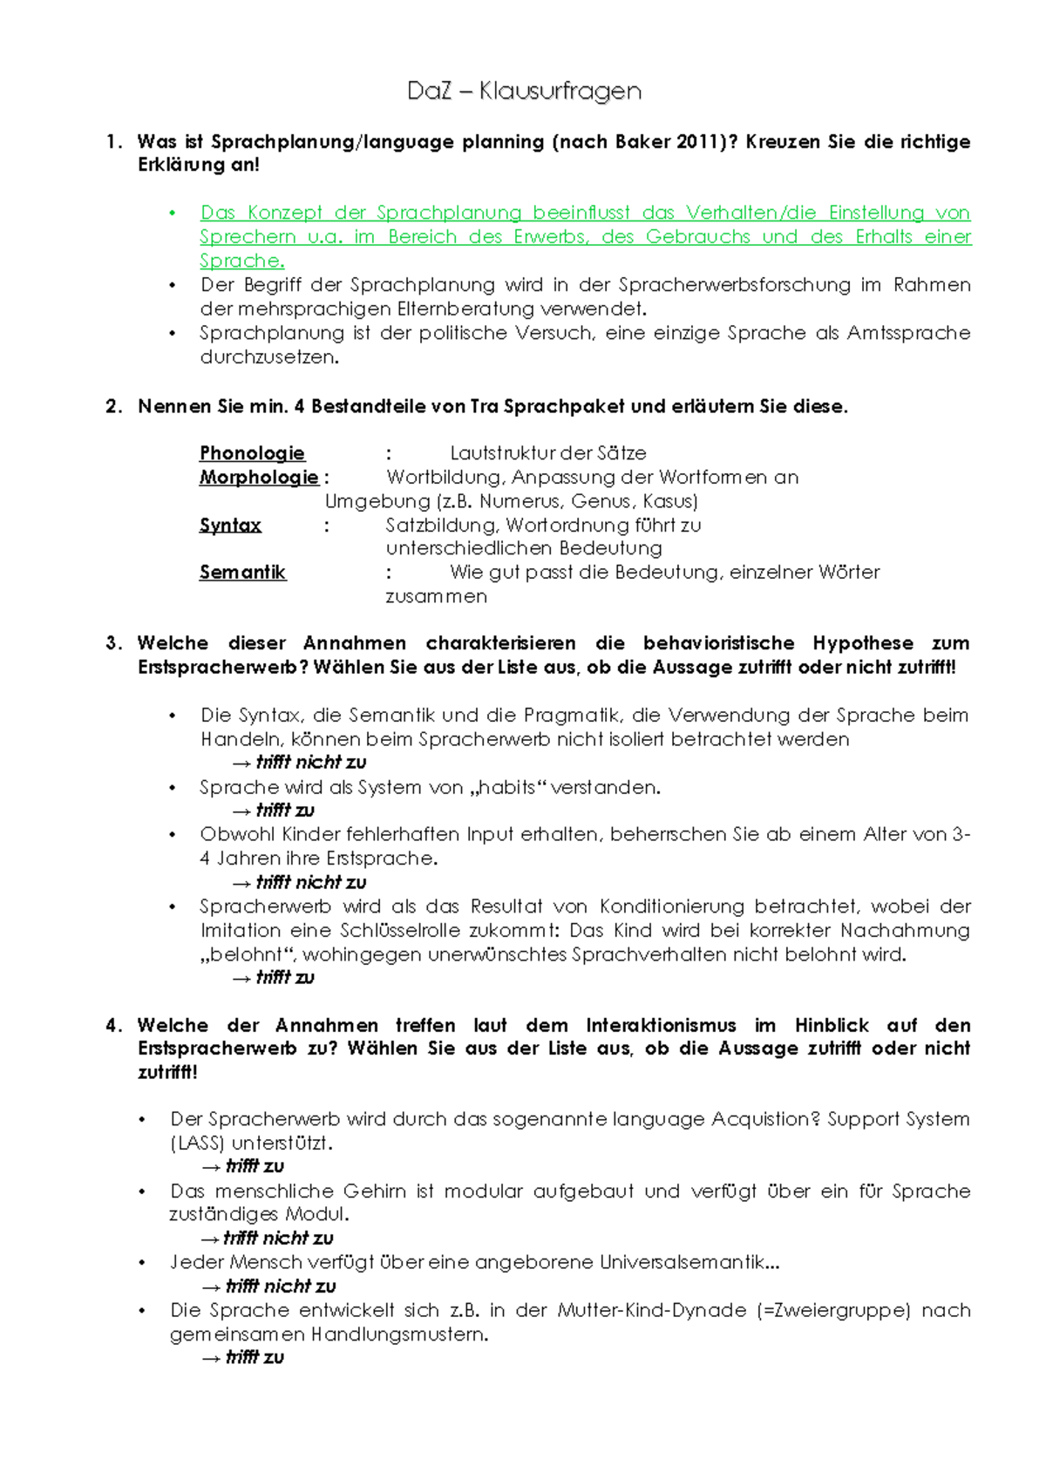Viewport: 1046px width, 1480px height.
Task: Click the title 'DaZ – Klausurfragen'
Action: [524, 91]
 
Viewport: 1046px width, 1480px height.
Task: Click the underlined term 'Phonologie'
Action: [252, 453]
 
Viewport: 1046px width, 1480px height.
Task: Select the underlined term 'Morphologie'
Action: [259, 478]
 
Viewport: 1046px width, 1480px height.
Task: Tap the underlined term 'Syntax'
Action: [230, 526]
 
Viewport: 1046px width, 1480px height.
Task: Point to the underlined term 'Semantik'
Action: [242, 573]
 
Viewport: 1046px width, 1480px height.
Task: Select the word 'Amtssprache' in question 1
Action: [908, 333]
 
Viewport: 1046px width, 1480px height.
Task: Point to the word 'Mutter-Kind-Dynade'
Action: [652, 1310]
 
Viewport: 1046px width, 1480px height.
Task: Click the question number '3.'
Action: [113, 643]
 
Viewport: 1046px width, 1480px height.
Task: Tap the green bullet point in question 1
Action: [173, 214]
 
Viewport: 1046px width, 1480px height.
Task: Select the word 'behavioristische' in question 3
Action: [718, 643]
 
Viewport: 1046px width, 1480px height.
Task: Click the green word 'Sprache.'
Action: [241, 261]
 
